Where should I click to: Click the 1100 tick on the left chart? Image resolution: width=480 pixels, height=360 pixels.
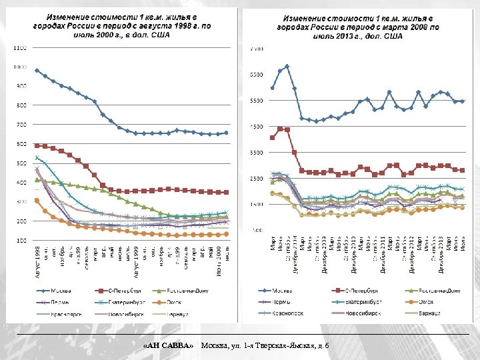pos(19,48)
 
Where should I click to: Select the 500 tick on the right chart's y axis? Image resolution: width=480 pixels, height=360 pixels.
pos(257,230)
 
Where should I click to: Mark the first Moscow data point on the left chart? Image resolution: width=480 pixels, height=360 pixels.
pos(37,70)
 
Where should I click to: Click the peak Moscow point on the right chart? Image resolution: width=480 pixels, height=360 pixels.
pos(287,66)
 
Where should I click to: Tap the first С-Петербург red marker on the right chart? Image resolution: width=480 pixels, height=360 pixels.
pos(272,137)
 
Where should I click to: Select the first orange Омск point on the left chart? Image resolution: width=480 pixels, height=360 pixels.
pos(37,200)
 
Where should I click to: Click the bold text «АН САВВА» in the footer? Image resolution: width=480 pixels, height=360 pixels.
pos(169,345)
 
